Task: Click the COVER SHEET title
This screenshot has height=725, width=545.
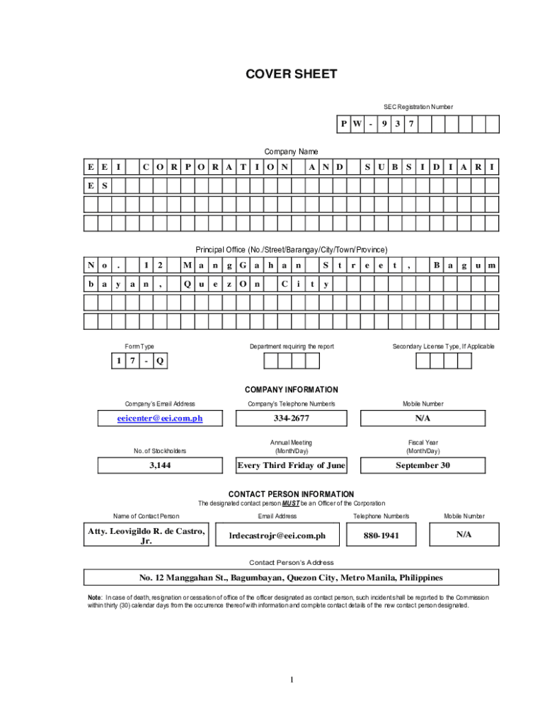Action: pyautogui.click(x=291, y=74)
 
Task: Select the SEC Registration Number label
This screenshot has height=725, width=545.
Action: pyautogui.click(x=418, y=107)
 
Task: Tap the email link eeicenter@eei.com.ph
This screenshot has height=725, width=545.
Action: pyautogui.click(x=160, y=418)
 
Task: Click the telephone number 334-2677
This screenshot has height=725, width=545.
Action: pyautogui.click(x=291, y=418)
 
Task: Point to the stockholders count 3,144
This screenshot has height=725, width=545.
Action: pyautogui.click(x=160, y=465)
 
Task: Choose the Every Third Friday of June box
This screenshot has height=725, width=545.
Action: pyautogui.click(x=291, y=465)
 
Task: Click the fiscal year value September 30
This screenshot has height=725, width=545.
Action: pyautogui.click(x=423, y=465)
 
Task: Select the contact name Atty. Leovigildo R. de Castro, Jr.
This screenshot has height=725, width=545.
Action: pyautogui.click(x=147, y=536)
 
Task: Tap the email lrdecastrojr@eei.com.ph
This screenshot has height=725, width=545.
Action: pyautogui.click(x=277, y=536)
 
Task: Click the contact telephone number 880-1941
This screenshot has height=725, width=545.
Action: pyautogui.click(x=381, y=536)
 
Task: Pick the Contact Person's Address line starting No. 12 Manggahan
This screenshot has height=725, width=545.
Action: pyautogui.click(x=291, y=577)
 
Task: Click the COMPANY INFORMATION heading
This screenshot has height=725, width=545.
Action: pyautogui.click(x=291, y=389)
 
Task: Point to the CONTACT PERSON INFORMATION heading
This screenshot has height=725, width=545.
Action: pyautogui.click(x=291, y=494)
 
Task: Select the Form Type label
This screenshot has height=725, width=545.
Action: pyautogui.click(x=139, y=346)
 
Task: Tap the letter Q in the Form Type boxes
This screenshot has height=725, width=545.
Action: pyautogui.click(x=160, y=361)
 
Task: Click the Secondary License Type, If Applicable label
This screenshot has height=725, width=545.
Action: pyautogui.click(x=444, y=346)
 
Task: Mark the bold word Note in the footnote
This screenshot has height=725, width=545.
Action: pyautogui.click(x=94, y=598)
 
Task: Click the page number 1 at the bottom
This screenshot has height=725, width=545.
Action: pyautogui.click(x=291, y=680)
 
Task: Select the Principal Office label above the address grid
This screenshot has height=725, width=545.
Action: pyautogui.click(x=291, y=249)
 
